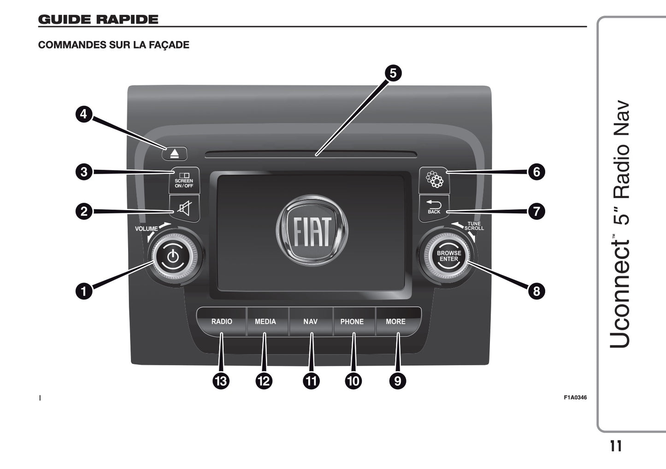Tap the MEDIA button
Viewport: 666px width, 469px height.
tap(265, 322)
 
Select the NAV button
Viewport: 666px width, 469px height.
tap(310, 322)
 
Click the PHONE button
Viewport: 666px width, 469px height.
tap(352, 322)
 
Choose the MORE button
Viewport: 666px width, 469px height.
tap(396, 322)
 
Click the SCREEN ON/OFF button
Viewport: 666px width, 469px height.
tap(184, 180)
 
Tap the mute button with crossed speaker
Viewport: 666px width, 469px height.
tap(184, 209)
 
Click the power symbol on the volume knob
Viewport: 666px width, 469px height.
tap(173, 256)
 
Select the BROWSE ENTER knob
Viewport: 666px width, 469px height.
tap(448, 256)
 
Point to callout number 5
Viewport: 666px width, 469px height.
tap(393, 73)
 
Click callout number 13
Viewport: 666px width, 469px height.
tap(221, 381)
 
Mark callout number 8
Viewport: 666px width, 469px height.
tap(536, 291)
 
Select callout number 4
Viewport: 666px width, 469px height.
tap(83, 114)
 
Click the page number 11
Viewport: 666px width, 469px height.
tap(616, 446)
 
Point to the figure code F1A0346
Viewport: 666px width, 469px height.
tap(575, 398)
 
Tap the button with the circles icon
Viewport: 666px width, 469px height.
tap(434, 180)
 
